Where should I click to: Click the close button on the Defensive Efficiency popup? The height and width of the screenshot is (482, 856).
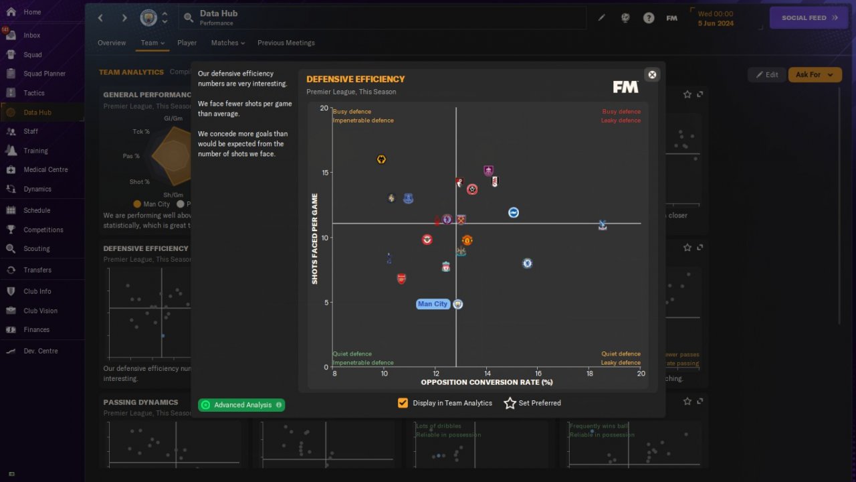652,74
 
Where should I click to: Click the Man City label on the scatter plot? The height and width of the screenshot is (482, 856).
433,304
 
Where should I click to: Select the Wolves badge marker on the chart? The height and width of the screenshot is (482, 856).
381,159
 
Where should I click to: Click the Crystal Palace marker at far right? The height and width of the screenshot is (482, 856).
603,225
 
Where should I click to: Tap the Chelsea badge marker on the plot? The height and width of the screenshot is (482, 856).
527,264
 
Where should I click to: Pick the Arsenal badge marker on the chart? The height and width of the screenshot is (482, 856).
401,278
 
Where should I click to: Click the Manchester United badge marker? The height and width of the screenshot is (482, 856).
467,240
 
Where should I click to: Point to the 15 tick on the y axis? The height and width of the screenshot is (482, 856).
324,173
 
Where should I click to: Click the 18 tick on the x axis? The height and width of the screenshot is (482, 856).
589,373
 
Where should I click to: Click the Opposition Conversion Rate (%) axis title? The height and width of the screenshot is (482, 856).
487,382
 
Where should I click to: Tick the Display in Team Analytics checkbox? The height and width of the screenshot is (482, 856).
403,403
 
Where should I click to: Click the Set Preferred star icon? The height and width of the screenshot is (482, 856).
510,403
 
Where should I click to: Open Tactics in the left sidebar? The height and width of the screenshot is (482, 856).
33,93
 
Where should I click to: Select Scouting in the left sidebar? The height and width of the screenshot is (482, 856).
36,248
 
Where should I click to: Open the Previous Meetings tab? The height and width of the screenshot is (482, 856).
286,43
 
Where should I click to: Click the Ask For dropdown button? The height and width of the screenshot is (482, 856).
815,75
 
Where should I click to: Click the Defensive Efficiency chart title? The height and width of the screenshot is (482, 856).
356,79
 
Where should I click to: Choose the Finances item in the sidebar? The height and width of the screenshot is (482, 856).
36,329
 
